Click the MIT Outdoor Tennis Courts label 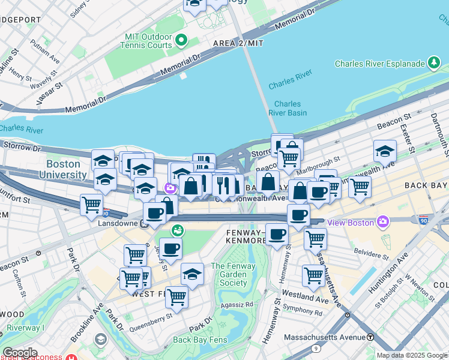click(146, 40)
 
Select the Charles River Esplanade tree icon click(432, 63)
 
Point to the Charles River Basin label click(291, 108)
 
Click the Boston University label click(64, 169)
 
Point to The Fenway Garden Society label click(229, 274)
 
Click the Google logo click(19, 353)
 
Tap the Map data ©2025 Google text click(412, 355)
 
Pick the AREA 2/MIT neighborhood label click(238, 44)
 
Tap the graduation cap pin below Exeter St click(385, 152)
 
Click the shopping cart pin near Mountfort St click(91, 205)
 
